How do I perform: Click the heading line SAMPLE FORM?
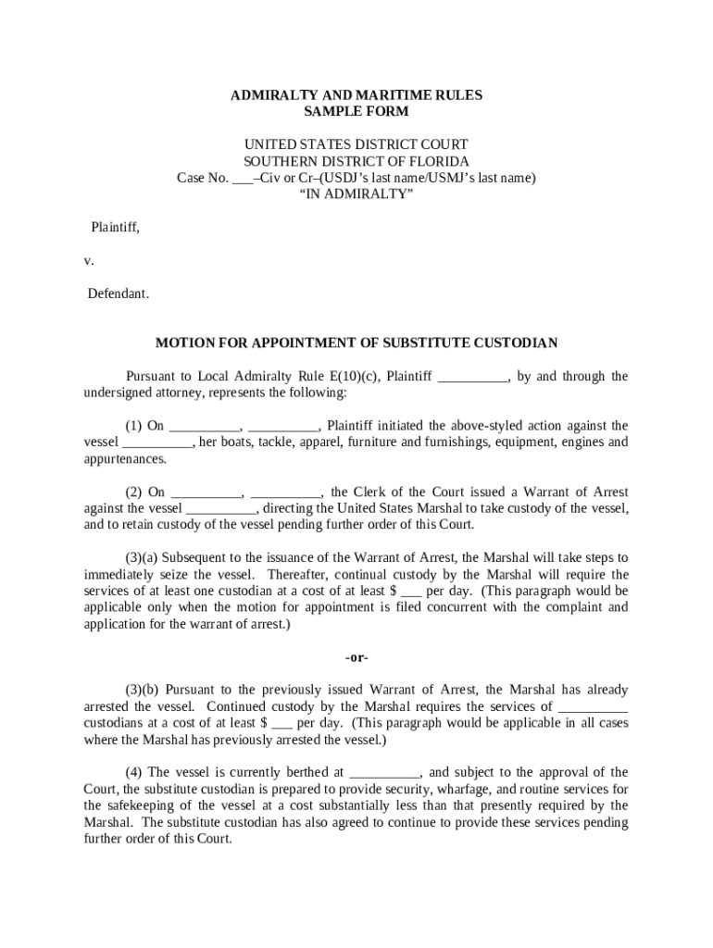[x=356, y=111]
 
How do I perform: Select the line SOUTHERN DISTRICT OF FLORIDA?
[x=356, y=161]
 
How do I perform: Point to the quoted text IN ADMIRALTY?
[x=356, y=194]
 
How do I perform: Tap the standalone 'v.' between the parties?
[x=89, y=260]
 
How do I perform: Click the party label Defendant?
[x=118, y=293]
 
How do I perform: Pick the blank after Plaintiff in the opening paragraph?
[x=472, y=376]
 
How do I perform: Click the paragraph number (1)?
[x=133, y=426]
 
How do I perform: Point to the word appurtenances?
[x=125, y=459]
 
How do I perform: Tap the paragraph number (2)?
[x=133, y=492]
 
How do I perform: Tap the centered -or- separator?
[x=356, y=657]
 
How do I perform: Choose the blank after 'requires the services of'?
[x=594, y=706]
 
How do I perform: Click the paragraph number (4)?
[x=133, y=772]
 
